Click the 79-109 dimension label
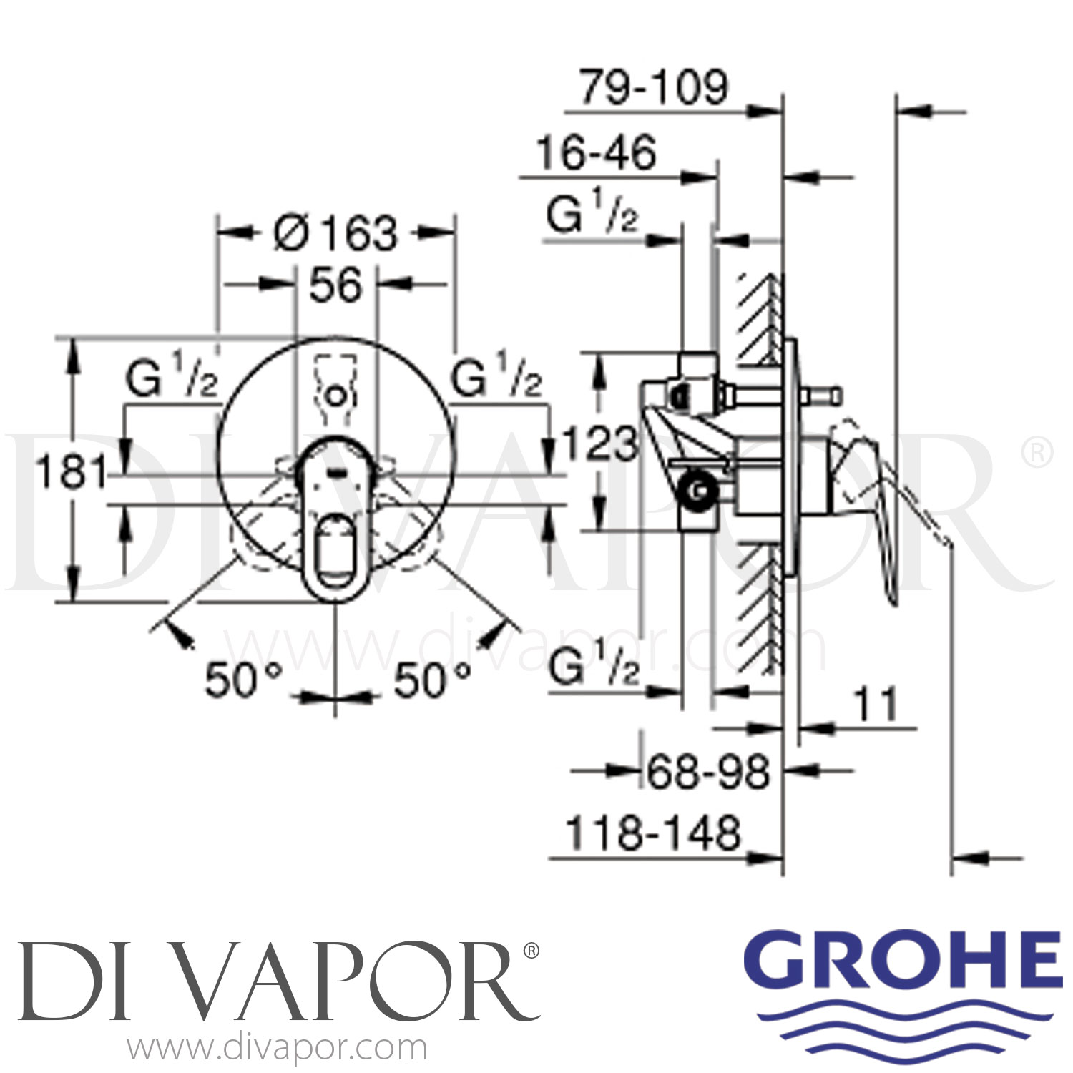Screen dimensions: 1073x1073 point(653,88)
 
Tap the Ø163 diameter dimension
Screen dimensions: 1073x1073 point(335,233)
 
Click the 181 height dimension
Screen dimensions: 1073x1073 point(72,472)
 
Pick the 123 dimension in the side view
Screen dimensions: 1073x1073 point(599,443)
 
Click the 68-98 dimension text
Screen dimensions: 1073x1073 point(708,772)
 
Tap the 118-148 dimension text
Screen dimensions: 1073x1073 point(652,834)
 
